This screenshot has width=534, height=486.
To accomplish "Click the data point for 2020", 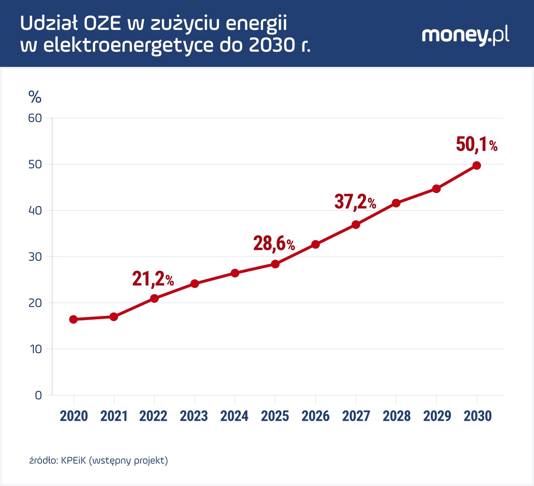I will click(73, 319).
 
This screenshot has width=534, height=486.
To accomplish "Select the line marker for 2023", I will click(194, 284).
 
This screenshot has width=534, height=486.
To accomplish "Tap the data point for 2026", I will click(315, 244).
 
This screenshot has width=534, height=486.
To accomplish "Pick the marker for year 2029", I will click(436, 189).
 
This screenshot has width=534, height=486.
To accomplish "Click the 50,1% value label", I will click(476, 144).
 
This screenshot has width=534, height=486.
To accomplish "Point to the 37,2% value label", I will click(355, 202).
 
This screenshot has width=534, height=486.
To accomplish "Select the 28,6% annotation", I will click(274, 244).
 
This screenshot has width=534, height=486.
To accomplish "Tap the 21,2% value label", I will click(153, 279).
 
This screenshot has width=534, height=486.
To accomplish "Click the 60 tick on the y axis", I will click(35, 118).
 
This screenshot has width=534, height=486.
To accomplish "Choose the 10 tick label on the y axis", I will click(36, 349).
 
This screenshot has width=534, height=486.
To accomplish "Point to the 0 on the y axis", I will click(38, 395).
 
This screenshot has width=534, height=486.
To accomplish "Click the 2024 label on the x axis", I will click(234, 416).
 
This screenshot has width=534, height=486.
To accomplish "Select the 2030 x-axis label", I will click(477, 416).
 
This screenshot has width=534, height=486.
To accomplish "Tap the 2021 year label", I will click(114, 416).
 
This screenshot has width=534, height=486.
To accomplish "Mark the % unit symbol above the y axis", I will click(35, 97).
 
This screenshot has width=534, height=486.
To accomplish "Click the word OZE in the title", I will click(102, 24).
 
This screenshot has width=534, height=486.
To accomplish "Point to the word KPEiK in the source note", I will click(73, 460).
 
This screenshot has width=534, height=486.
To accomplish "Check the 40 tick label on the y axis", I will click(35, 211).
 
